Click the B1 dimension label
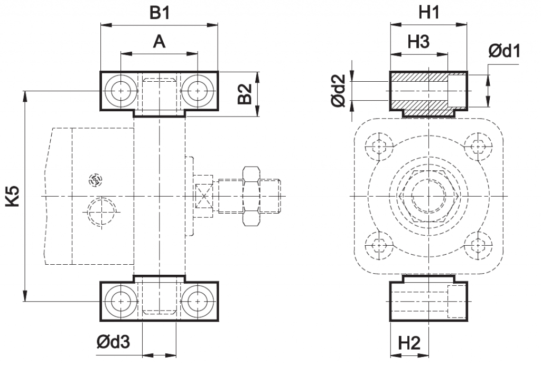159,13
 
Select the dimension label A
159,42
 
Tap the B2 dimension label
245,94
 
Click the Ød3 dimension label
113,343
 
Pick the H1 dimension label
428,13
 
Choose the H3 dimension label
418,42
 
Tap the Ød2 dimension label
338,91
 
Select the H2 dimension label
409,343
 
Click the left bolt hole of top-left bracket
121,91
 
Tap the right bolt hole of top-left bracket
198,91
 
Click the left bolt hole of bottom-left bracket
121,301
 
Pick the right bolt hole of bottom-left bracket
198,301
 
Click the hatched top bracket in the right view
428,93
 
